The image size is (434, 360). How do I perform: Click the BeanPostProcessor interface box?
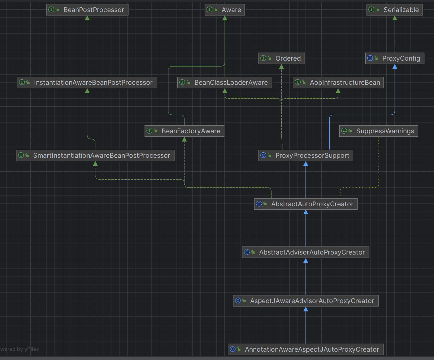pos(87,10)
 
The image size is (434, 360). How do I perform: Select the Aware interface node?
pos(225,10)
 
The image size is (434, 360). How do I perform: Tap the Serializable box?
pos(394,10)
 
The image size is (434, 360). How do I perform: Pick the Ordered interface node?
pos(282,58)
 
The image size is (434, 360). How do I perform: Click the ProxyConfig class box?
pos(395,58)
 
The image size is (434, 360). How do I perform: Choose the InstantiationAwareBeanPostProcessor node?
pos(87,83)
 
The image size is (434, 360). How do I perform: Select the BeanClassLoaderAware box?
pos(225,83)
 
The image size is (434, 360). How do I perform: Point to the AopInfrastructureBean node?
pos(338,83)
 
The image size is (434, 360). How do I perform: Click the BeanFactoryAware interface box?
pos(184,131)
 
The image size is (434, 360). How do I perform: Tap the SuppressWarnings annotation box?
pos(379,131)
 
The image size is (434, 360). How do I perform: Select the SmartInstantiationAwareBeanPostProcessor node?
pos(95,155)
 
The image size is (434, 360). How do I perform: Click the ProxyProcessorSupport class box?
pos(306,155)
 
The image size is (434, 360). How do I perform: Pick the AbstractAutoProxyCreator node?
pos(306,204)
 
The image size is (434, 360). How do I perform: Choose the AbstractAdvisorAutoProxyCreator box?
pos(306,252)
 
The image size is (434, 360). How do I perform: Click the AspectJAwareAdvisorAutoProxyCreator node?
pos(306,301)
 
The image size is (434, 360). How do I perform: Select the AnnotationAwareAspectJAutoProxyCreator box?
pos(306,349)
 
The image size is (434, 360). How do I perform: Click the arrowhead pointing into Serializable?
pos(395,18)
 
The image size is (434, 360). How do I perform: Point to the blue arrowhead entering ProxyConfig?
pos(395,66)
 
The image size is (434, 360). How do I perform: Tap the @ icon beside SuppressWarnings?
pos(344,131)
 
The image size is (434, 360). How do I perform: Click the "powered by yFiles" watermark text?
pos(19,349)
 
